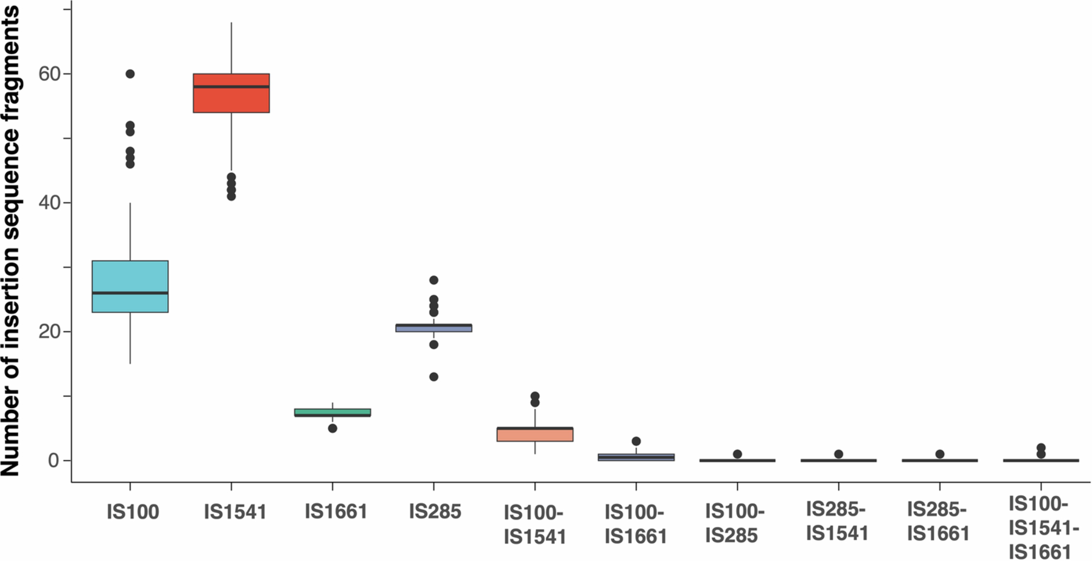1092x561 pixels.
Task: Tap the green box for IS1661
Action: click(332, 411)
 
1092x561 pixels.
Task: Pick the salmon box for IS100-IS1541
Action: click(535, 435)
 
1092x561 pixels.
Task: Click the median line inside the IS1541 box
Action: click(231, 87)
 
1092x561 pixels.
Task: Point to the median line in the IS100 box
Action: click(130, 293)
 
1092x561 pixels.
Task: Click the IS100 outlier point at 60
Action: click(130, 74)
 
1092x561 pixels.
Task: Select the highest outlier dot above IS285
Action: click(434, 280)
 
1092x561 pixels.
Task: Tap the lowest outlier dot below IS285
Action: click(434, 376)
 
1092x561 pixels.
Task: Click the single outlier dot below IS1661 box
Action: click(332, 428)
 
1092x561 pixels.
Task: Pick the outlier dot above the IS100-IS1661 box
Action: click(636, 441)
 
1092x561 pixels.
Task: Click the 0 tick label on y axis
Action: click(53, 460)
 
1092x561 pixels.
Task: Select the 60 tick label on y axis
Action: click(49, 74)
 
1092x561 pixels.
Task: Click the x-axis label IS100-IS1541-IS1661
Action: click(1044, 528)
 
